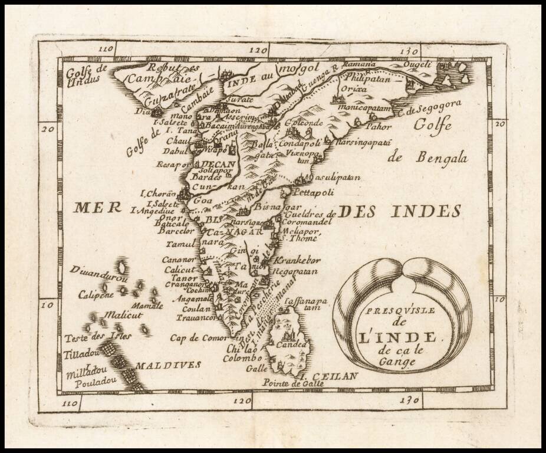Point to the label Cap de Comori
pyautogui.click(x=199, y=338)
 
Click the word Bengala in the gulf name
pyautogui.click(x=441, y=157)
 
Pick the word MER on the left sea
pyautogui.click(x=98, y=208)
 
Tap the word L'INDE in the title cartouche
pyautogui.click(x=399, y=337)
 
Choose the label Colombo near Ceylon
pyautogui.click(x=242, y=357)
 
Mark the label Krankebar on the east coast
pyautogui.click(x=298, y=260)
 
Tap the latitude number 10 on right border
pyautogui.click(x=499, y=300)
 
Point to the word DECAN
pyautogui.click(x=218, y=164)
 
